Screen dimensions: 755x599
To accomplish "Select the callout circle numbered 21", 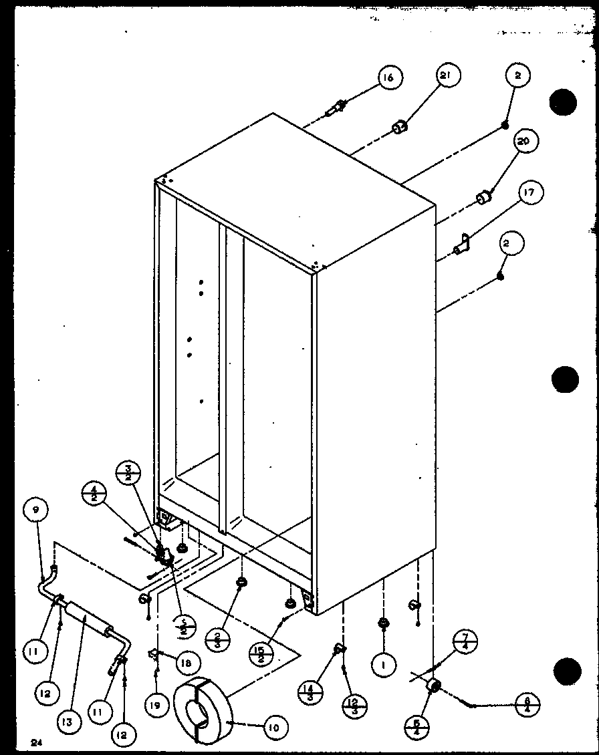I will pyautogui.click(x=447, y=77).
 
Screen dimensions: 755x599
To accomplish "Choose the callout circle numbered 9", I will pyautogui.click(x=35, y=510).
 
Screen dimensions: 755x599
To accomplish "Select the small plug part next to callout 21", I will pyautogui.click(x=399, y=127).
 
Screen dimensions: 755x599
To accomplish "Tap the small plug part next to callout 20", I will pyautogui.click(x=483, y=198).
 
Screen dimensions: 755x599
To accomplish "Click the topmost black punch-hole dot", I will pyautogui.click(x=562, y=102).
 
